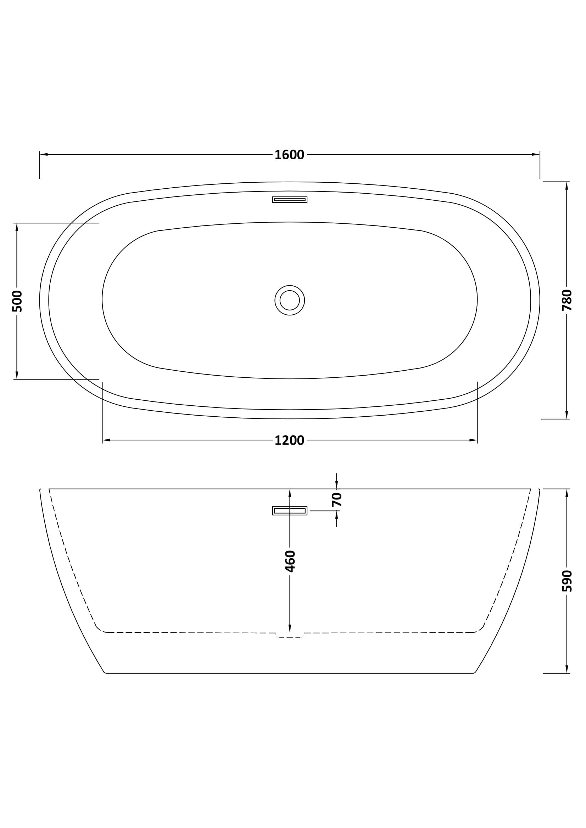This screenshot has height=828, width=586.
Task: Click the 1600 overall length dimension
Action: [289, 155]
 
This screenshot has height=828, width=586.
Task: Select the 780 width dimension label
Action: [567, 300]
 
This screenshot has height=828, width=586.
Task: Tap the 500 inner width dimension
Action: [17, 301]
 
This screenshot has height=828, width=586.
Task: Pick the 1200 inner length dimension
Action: [289, 440]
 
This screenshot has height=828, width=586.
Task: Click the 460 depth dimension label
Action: [290, 561]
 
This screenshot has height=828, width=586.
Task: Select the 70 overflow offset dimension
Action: [336, 499]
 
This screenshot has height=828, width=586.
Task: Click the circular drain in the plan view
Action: [290, 300]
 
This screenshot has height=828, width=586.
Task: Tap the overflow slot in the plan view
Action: [290, 199]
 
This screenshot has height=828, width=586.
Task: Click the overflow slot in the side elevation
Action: [290, 511]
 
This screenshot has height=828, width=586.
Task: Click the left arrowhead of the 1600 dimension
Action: [44, 154]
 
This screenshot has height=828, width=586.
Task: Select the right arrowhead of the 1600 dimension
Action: [536, 154]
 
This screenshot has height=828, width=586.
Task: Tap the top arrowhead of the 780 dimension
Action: [567, 186]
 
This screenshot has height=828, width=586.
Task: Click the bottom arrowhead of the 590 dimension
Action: [567, 669]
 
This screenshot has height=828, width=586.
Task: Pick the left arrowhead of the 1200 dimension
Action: [106, 440]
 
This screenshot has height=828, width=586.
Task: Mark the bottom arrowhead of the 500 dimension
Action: [17, 375]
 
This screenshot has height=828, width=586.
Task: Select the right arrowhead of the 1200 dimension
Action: [473, 440]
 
